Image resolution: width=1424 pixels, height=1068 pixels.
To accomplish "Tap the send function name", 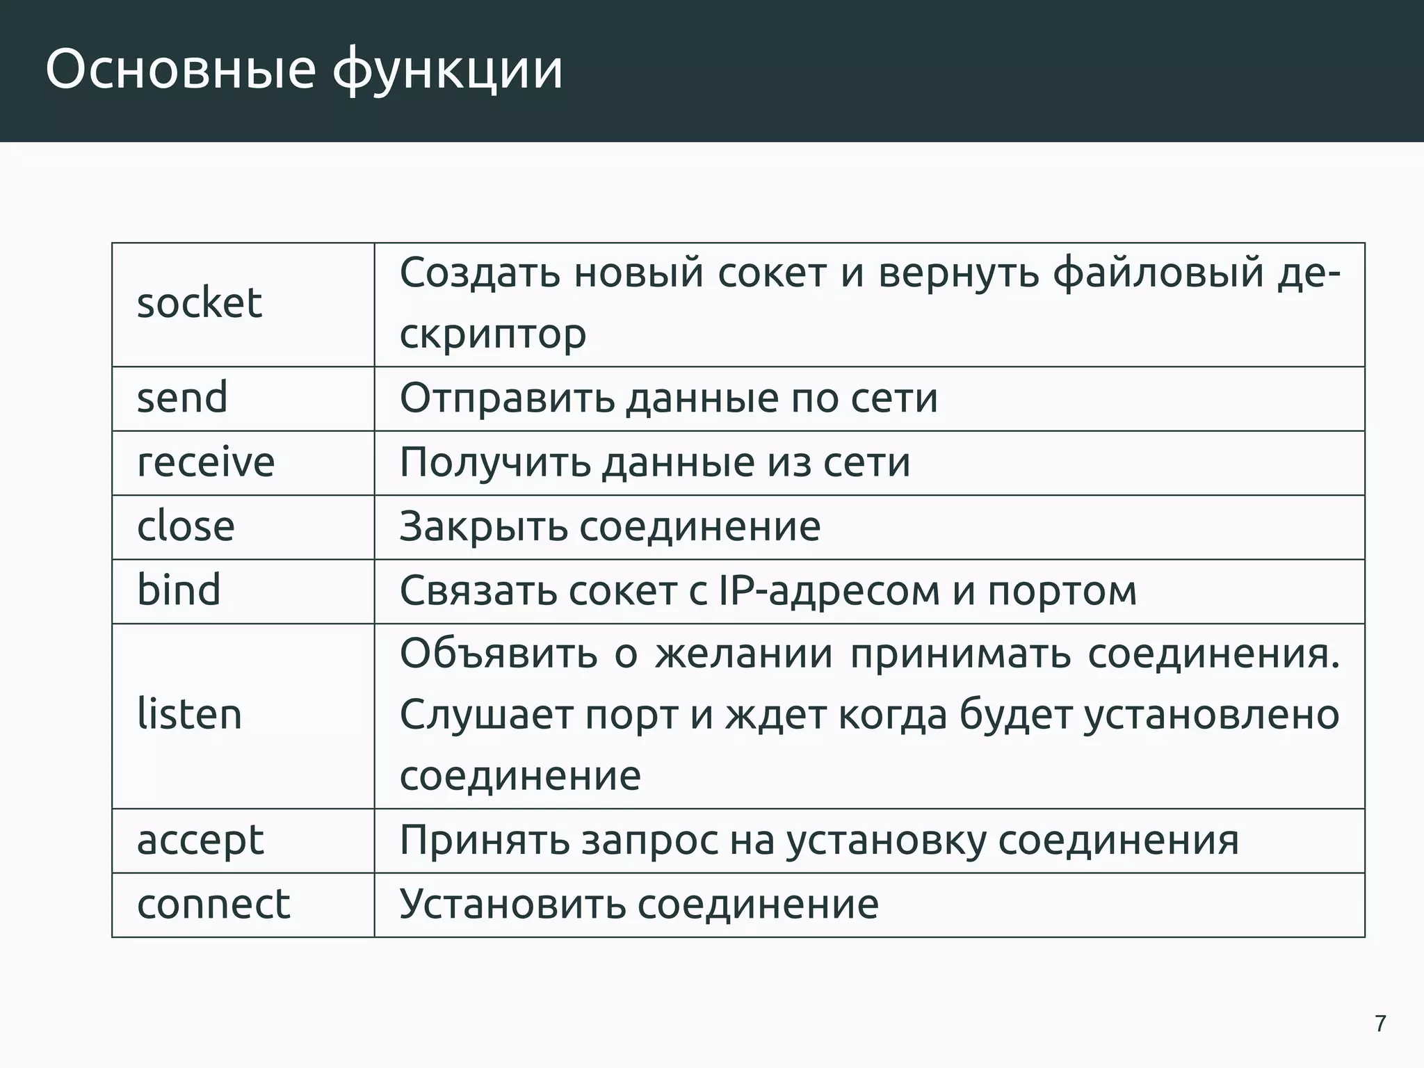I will coord(182,398).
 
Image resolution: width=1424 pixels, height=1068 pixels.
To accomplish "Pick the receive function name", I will coord(206,462).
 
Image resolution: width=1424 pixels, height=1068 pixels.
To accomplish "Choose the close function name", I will coord(186,526).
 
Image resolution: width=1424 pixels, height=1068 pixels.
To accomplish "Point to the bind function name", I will coord(179,590).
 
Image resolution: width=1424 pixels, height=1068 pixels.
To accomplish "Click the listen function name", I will coord(189,715).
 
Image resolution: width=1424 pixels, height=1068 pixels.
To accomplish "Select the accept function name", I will coord(200,841).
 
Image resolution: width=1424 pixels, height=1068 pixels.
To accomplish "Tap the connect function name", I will coord(213,905).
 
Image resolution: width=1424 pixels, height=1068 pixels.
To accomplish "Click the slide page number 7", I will coord(1380,1023).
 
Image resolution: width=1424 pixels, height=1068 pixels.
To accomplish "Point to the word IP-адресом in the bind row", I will coord(827,591).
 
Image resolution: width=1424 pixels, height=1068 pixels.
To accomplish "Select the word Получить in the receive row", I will coord(494,462).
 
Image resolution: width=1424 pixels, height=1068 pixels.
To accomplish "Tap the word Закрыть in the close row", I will coord(483,526).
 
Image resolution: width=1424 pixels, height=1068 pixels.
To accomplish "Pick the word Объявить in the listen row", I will coord(498,654).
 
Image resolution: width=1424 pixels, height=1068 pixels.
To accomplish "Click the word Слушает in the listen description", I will coord(486,715).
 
